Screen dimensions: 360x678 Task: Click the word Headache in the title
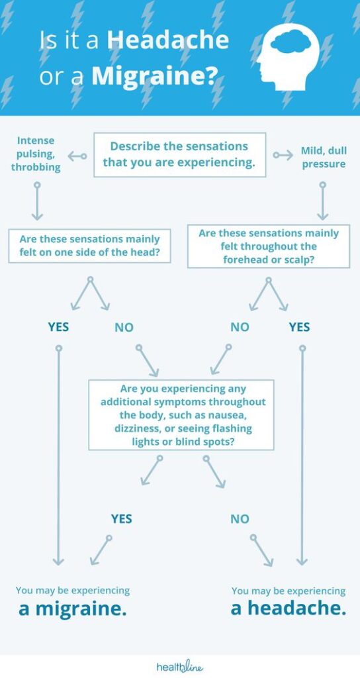pyautogui.click(x=167, y=40)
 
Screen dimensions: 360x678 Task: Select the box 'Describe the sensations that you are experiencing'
pyautogui.click(x=179, y=155)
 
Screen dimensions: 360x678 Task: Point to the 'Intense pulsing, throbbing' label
pyautogui.click(x=36, y=154)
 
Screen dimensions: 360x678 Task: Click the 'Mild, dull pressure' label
pyautogui.click(x=324, y=158)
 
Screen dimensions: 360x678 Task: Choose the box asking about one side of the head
pyautogui.click(x=89, y=246)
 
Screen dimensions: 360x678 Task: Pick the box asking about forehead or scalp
pyautogui.click(x=269, y=246)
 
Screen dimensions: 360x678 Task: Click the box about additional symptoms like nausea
pyautogui.click(x=181, y=414)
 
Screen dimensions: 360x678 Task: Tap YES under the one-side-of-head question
pyautogui.click(x=58, y=327)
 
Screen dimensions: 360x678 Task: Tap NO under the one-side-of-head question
pyautogui.click(x=124, y=327)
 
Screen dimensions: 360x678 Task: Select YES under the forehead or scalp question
pyautogui.click(x=300, y=327)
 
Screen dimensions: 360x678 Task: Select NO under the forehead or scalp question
pyautogui.click(x=240, y=327)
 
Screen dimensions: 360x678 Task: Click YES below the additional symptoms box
pyautogui.click(x=122, y=518)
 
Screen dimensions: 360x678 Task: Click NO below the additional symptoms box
pyautogui.click(x=240, y=518)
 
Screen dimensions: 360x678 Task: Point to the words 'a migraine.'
pyautogui.click(x=73, y=609)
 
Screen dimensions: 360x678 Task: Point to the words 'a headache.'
pyautogui.click(x=289, y=608)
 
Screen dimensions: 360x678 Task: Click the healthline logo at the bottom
pyautogui.click(x=179, y=667)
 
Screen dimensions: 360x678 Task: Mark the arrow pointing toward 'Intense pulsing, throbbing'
pyautogui.click(x=77, y=156)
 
